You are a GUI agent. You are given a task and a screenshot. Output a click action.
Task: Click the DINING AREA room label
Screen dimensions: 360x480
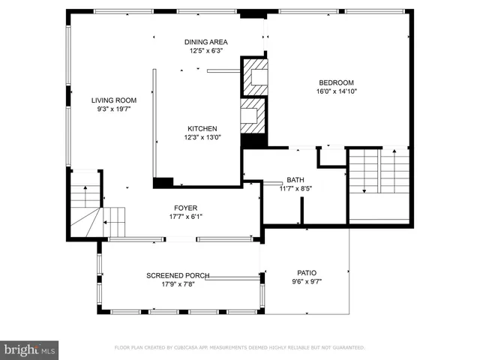(x=206, y=42)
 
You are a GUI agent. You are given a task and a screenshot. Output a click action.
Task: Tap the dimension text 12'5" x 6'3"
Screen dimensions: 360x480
(x=206, y=51)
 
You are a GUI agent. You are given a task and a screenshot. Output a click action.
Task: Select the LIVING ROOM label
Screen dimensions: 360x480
(x=113, y=100)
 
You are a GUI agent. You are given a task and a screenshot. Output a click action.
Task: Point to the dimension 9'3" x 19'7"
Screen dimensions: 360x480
(x=113, y=109)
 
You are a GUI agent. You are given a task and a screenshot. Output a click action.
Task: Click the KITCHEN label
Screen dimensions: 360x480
(x=202, y=128)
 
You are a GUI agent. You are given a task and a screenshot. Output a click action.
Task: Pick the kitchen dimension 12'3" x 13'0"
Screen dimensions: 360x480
(x=202, y=137)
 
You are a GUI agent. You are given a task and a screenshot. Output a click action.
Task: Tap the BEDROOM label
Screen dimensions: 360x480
(x=336, y=82)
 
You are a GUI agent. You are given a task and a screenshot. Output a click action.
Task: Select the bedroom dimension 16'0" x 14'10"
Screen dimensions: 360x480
(x=336, y=91)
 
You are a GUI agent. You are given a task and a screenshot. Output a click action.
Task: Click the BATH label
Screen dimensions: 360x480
(x=295, y=180)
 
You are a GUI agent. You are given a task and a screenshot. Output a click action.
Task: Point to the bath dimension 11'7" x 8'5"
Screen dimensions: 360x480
(x=295, y=189)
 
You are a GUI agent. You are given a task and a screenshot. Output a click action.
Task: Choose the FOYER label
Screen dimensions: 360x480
(x=186, y=208)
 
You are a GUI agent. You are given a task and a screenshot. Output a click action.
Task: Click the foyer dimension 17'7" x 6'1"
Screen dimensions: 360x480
(x=186, y=217)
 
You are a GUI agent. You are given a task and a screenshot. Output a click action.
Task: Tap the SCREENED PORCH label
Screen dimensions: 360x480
(x=178, y=275)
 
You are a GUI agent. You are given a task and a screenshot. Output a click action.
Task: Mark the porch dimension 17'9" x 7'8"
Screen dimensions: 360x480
(x=178, y=284)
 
